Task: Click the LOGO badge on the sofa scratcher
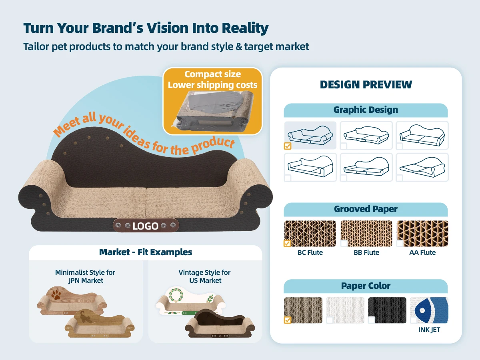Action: [146, 226]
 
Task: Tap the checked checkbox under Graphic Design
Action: [288, 146]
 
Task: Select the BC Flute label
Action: [310, 253]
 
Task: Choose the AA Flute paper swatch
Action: [422, 233]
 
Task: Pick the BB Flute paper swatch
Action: [366, 233]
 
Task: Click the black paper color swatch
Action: [387, 310]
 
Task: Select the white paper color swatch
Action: [345, 310]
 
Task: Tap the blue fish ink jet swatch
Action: [429, 310]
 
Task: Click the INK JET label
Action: [429, 330]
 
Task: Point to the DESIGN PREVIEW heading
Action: [366, 85]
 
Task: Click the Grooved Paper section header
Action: [366, 209]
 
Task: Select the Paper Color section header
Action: [366, 286]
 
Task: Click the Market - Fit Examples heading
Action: [146, 252]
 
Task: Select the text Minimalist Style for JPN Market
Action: [85, 276]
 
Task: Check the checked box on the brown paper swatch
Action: [288, 320]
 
